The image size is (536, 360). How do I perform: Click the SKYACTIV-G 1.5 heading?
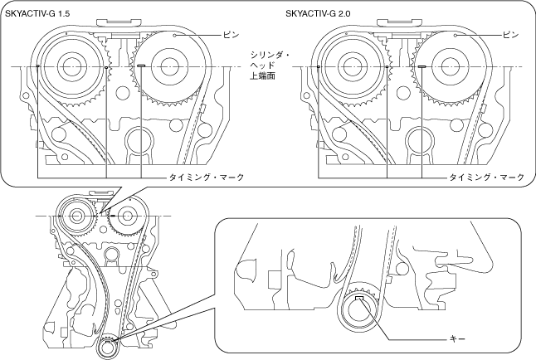pos(39,14)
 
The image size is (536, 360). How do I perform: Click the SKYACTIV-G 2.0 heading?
pos(319,14)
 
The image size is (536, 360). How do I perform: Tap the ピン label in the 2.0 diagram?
pos(512,36)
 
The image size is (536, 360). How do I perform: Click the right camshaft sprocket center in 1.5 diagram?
pos(173,66)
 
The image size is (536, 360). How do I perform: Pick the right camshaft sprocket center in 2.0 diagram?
pos(454,66)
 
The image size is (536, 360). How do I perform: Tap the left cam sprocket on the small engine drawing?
pos(77,218)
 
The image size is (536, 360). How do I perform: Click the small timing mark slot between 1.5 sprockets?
pos(142,66)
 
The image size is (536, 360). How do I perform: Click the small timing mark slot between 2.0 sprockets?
pos(422,66)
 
